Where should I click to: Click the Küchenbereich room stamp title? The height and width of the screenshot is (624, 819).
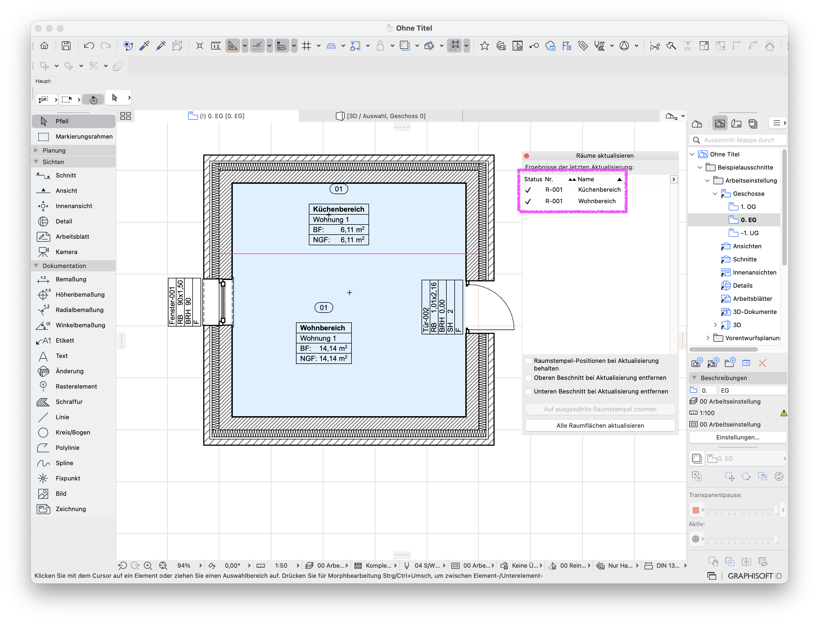click(339, 209)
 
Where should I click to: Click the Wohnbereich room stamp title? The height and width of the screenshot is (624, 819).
click(323, 328)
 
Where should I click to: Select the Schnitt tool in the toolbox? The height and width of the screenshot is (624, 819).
click(65, 175)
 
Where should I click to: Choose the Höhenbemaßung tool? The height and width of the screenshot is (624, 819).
click(80, 294)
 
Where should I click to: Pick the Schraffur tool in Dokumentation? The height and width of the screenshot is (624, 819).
click(69, 402)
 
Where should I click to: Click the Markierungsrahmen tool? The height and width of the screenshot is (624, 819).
click(84, 137)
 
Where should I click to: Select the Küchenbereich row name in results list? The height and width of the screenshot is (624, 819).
click(599, 190)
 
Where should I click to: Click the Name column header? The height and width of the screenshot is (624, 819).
click(586, 179)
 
